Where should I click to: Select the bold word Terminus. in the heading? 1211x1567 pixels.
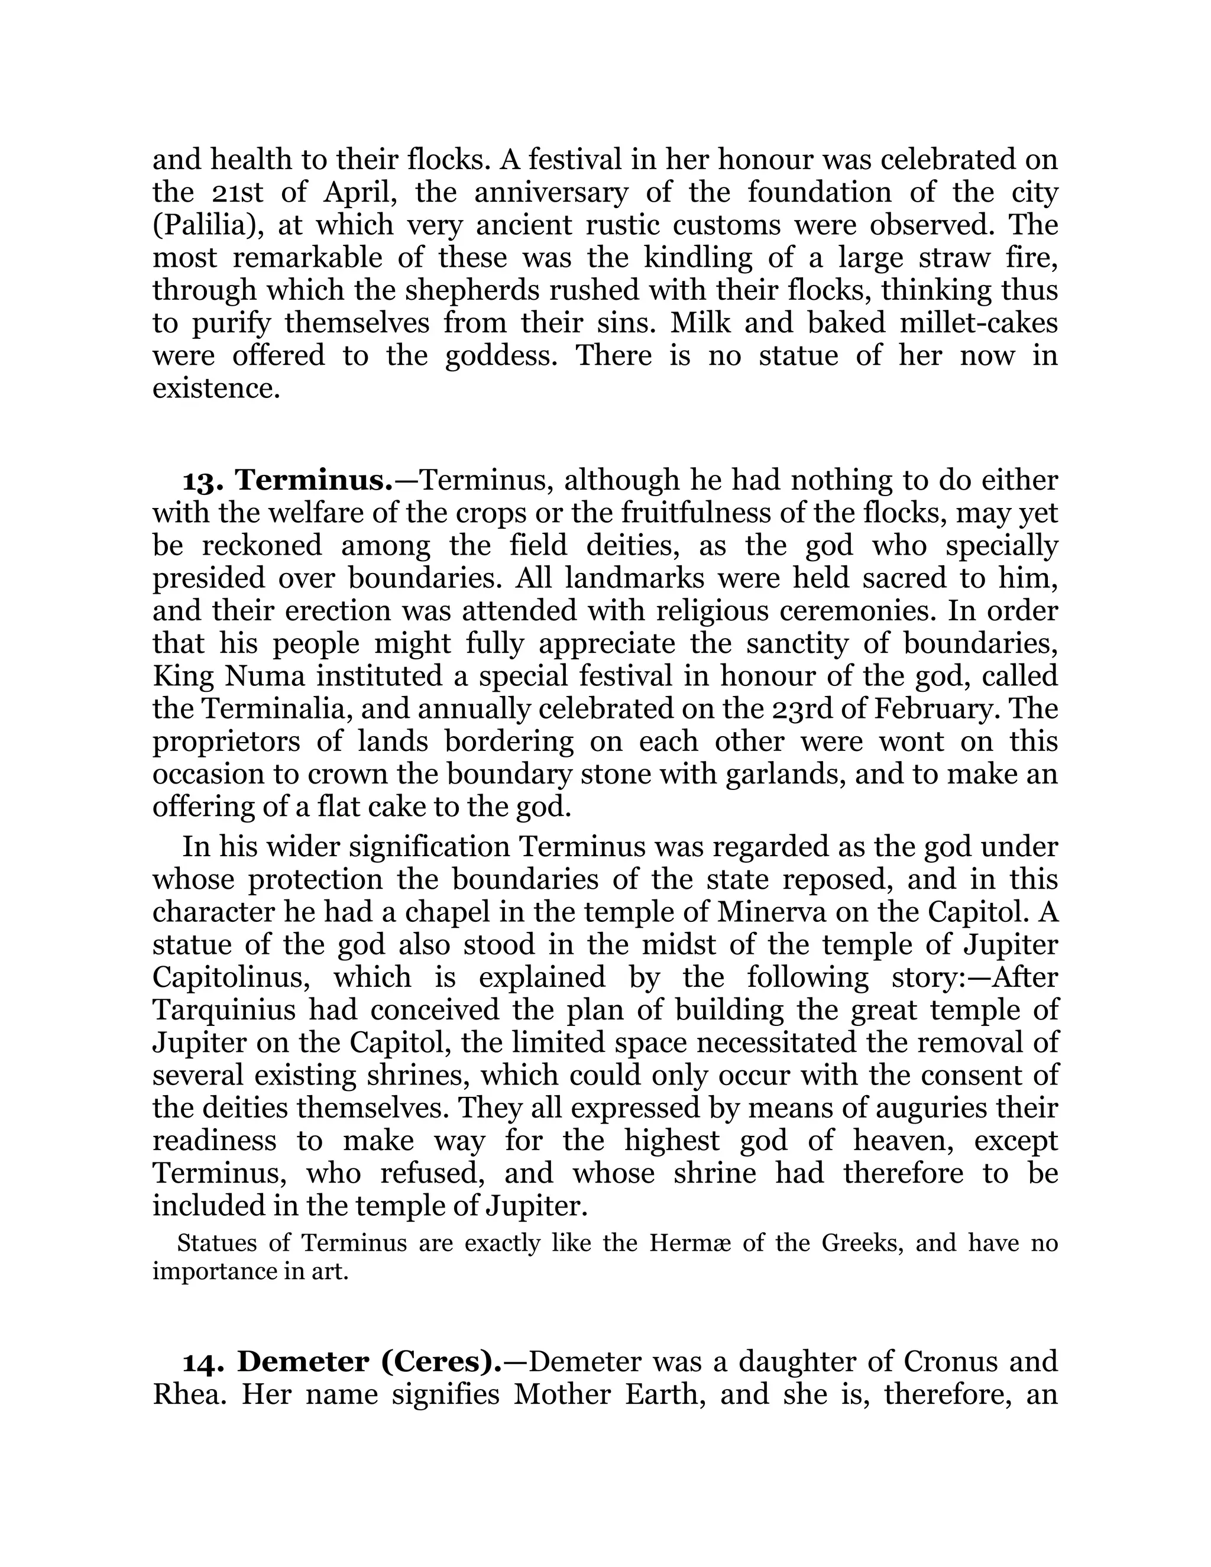point(314,480)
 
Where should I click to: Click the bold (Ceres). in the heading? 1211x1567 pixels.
point(441,1361)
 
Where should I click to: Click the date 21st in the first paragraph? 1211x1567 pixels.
point(238,192)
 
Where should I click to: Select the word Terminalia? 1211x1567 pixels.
point(276,709)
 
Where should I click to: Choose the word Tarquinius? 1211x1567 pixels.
point(224,1009)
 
